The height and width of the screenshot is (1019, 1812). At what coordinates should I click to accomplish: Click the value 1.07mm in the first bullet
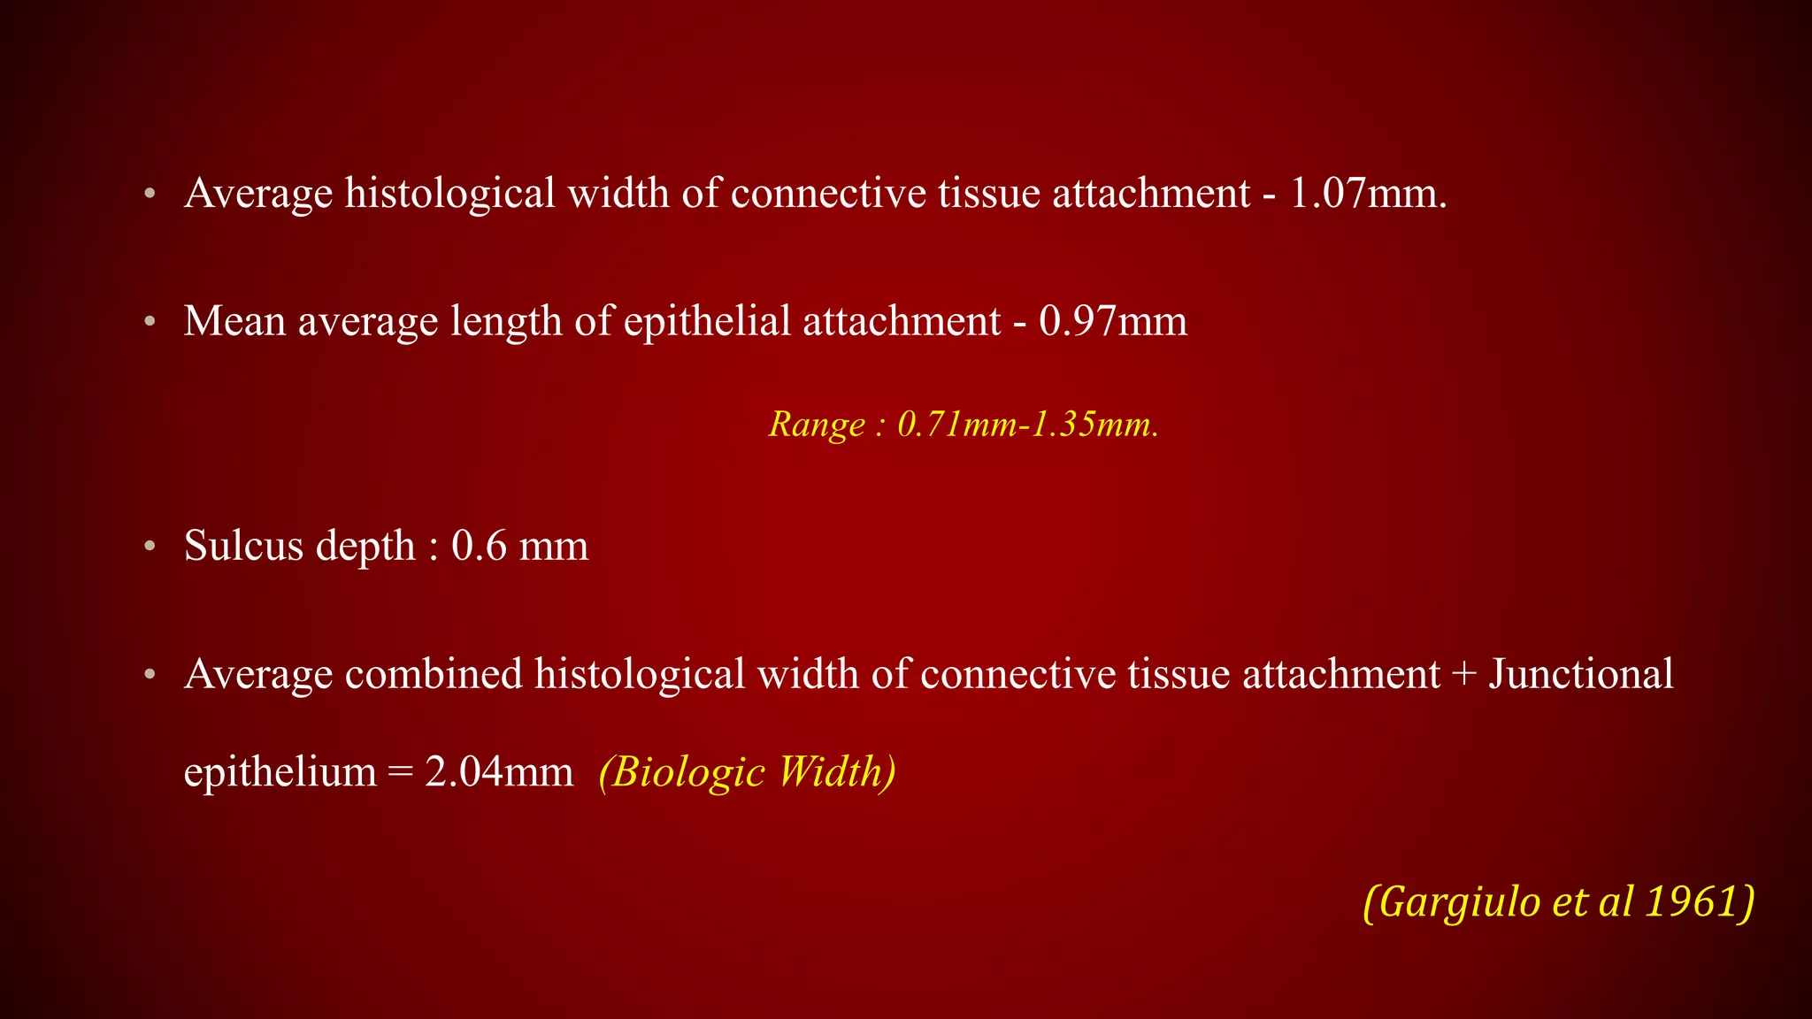pyautogui.click(x=1367, y=193)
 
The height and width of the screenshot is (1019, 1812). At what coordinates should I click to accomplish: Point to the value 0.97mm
pyautogui.click(x=1113, y=320)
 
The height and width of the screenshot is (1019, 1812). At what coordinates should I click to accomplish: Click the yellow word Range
pyautogui.click(x=817, y=425)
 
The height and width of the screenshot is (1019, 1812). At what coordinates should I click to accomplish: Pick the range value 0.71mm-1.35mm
pyautogui.click(x=1027, y=425)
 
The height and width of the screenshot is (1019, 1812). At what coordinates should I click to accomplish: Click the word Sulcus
pyautogui.click(x=243, y=545)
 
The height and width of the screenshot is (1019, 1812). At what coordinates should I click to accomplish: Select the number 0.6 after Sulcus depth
pyautogui.click(x=479, y=545)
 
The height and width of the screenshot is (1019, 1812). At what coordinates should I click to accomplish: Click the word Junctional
pyautogui.click(x=1581, y=674)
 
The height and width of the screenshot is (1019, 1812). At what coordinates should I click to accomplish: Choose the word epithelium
pyautogui.click(x=280, y=771)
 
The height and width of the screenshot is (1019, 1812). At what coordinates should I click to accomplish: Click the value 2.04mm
pyautogui.click(x=499, y=771)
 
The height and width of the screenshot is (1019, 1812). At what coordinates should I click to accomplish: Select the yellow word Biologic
pyautogui.click(x=682, y=771)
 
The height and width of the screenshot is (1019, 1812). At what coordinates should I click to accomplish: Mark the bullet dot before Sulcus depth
pyautogui.click(x=150, y=546)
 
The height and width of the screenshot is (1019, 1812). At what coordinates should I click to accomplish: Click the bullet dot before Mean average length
pyautogui.click(x=150, y=321)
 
